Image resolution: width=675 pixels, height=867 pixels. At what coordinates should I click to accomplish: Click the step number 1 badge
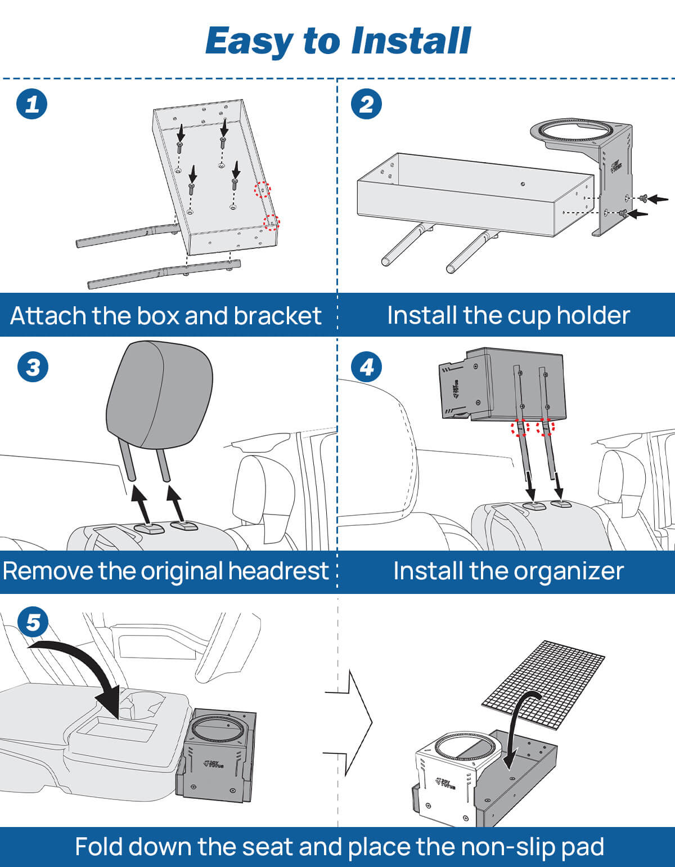click(32, 104)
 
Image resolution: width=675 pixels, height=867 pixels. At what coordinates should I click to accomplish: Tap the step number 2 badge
click(366, 104)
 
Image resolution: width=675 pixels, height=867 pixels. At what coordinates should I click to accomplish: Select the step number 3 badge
click(33, 367)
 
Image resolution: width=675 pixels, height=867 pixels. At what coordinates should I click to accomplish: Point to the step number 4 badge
click(366, 367)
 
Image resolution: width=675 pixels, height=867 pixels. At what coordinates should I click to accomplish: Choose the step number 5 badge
click(33, 623)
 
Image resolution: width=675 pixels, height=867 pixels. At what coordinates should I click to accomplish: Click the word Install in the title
click(411, 41)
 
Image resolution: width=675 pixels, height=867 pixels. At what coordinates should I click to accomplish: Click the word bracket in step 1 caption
click(277, 316)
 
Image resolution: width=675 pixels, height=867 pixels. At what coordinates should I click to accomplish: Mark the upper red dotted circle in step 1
click(262, 190)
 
